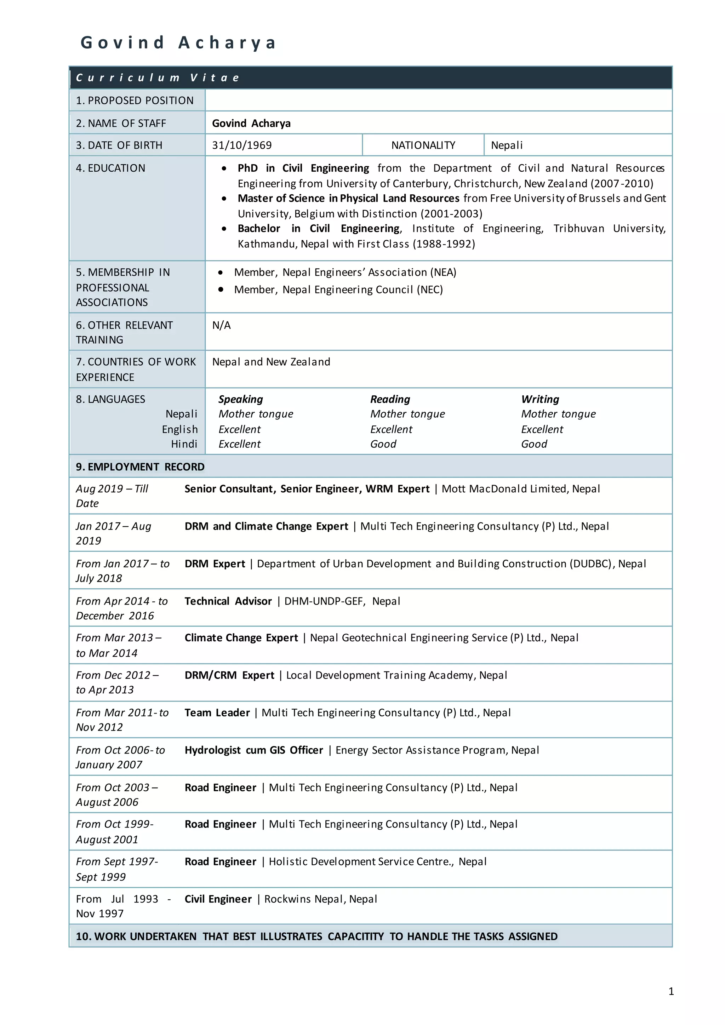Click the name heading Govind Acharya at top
point(178,43)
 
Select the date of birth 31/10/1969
point(241,145)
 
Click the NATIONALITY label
point(423,145)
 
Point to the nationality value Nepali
point(507,145)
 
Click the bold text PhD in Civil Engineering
point(303,168)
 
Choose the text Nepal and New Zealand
point(271,362)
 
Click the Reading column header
point(390,399)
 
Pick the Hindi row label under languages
point(184,444)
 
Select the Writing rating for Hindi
point(534,444)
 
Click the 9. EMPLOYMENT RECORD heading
point(140,467)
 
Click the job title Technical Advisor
point(228,601)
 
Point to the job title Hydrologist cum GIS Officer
point(253,750)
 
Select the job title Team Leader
point(217,713)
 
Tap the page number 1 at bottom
point(671,991)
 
